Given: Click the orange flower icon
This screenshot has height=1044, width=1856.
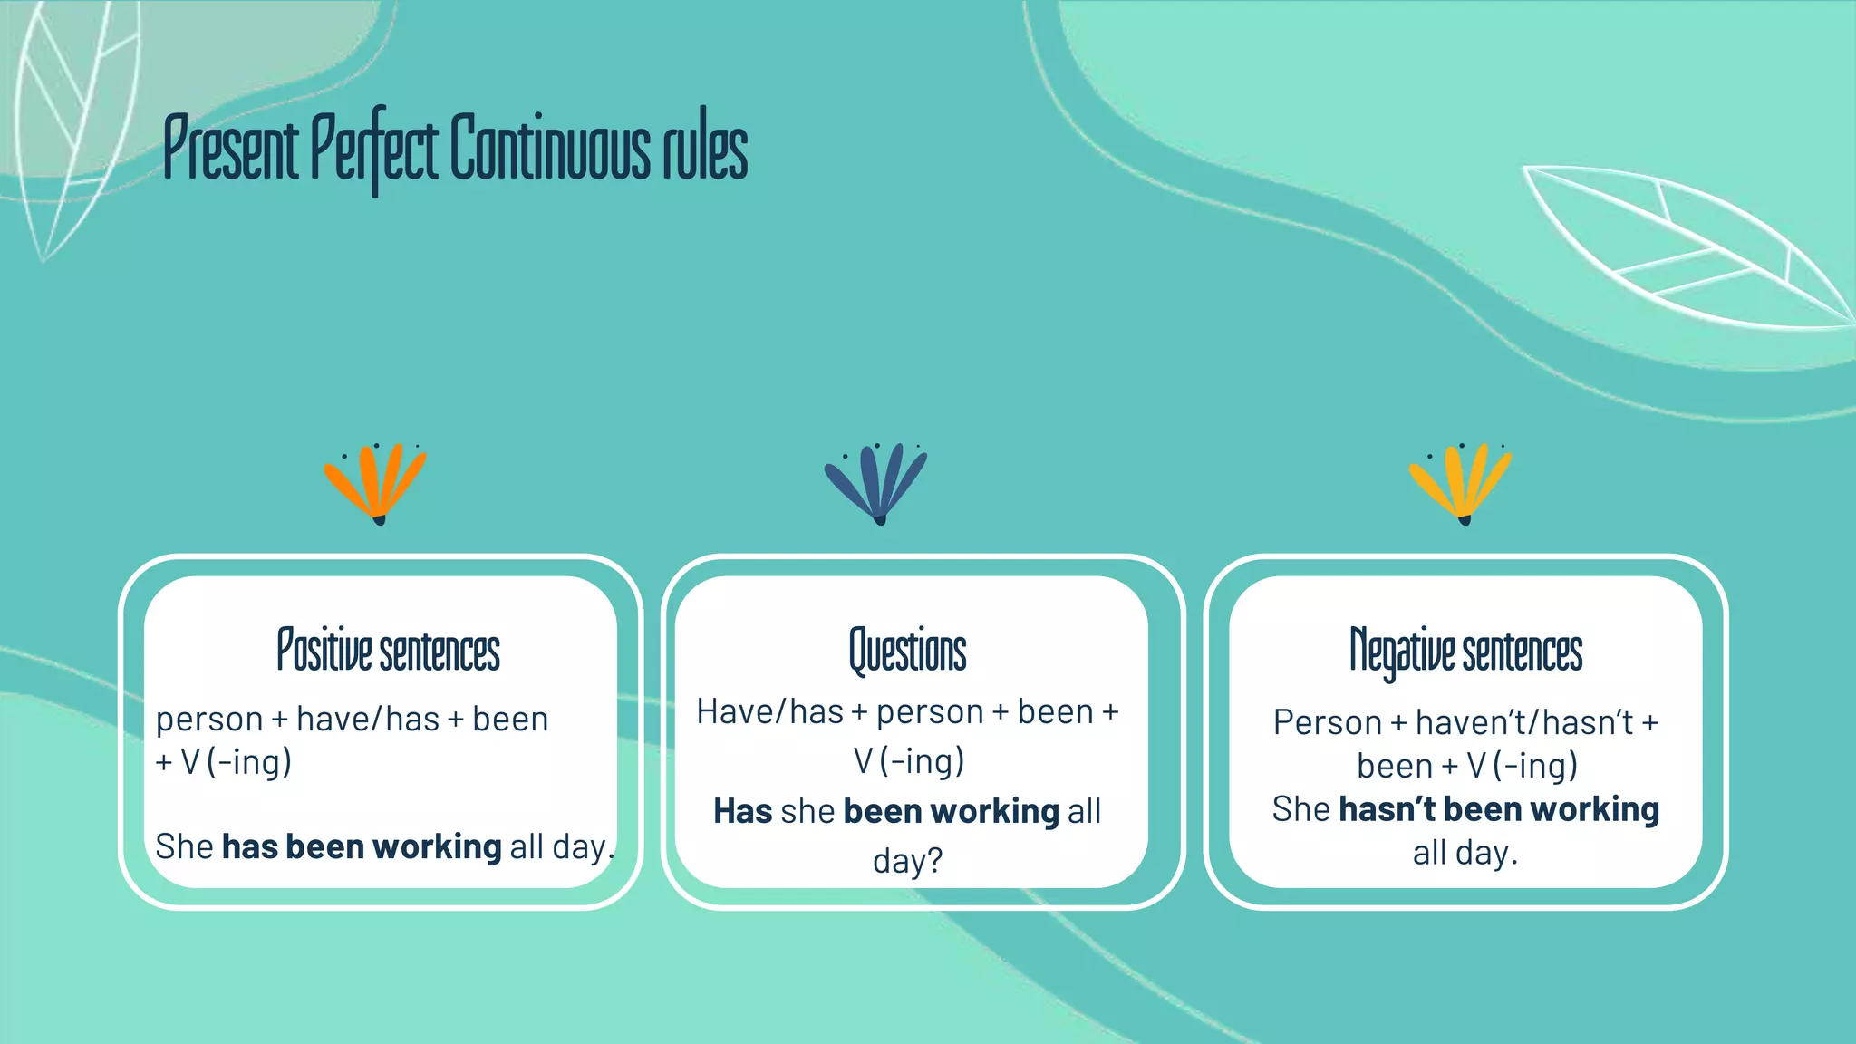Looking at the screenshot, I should tap(375, 482).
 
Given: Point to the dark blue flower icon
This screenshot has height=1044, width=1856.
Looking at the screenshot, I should tap(875, 482).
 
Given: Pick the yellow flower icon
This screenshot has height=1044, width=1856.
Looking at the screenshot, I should tap(1460, 482).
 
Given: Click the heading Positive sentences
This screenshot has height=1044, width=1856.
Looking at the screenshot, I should tap(388, 651).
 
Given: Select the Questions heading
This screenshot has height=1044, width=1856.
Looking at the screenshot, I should tap(907, 651).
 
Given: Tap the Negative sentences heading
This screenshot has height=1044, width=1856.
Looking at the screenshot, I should tap(1465, 651).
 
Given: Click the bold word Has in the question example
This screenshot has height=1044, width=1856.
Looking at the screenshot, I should tap(742, 811).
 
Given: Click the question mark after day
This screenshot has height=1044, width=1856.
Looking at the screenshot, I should tap(934, 860).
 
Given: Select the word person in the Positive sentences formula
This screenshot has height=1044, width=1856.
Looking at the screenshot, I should tap(209, 720).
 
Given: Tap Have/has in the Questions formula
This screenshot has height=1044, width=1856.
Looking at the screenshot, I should tap(770, 712).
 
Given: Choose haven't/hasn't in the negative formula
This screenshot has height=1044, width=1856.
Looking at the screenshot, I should tap(1524, 723).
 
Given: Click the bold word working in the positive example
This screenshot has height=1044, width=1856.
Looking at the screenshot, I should tap(437, 847).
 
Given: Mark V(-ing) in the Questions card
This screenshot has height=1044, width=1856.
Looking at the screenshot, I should tap(908, 761).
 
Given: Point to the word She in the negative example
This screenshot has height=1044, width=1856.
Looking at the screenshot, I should tap(1300, 809).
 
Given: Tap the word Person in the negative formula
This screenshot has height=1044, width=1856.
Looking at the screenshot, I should tap(1327, 723).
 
